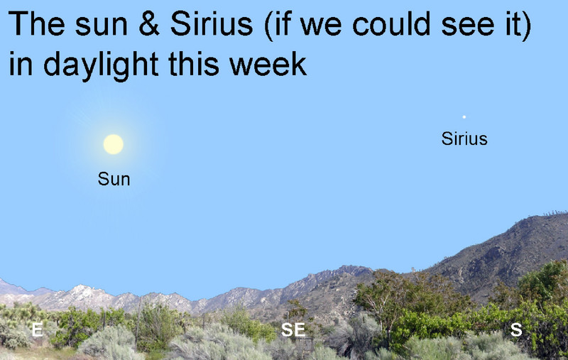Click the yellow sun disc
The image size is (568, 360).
(114, 144)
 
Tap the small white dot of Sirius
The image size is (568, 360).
(464, 116)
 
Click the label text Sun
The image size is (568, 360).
(114, 179)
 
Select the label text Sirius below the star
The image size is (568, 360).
(464, 138)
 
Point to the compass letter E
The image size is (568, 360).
(37, 329)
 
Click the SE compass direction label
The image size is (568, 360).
(293, 329)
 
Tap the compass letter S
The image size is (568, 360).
(516, 329)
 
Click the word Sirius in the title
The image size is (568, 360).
(212, 24)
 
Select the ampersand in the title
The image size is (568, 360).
(149, 24)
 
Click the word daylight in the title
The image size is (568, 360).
(101, 65)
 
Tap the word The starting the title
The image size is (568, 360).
(37, 24)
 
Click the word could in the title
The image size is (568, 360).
(392, 24)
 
